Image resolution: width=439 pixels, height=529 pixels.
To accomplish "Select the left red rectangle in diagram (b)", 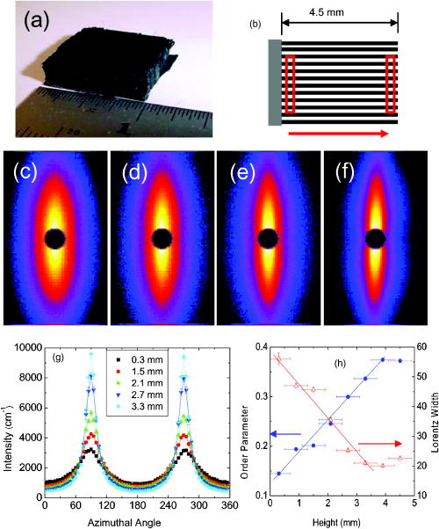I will tap(291, 84).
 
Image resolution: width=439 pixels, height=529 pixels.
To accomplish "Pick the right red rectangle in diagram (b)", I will tap(392, 84).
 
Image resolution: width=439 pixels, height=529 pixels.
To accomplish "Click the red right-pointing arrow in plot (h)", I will tap(380, 443).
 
